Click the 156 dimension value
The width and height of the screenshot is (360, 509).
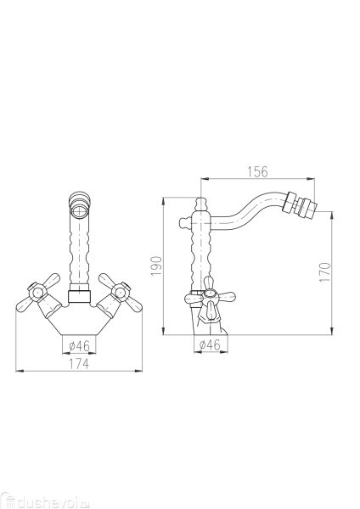tap(257, 171)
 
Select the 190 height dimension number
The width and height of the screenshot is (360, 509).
tap(157, 266)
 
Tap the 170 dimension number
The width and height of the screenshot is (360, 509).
tap(325, 272)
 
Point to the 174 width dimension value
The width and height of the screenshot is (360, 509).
tap(79, 364)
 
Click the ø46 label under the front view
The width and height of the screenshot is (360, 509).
tap(79, 346)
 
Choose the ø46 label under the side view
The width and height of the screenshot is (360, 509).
tap(210, 344)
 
